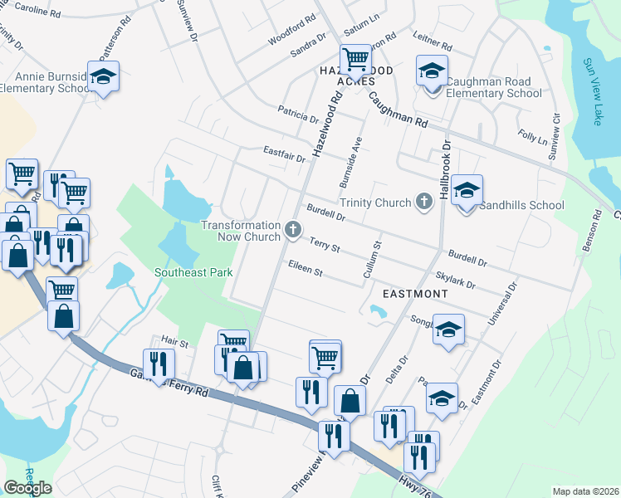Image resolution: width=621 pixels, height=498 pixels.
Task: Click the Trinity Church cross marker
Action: (x=424, y=202)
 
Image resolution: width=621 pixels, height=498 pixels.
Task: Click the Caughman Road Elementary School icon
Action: (x=432, y=72)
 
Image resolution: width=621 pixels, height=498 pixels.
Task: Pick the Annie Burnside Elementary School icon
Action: (x=103, y=77)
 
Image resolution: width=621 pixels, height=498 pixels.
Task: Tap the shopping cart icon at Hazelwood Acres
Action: (x=355, y=59)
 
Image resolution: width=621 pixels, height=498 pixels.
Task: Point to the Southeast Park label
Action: (x=193, y=271)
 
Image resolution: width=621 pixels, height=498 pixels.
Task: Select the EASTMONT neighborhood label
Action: (x=415, y=294)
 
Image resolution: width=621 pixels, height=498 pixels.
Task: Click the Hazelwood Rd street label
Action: (x=327, y=124)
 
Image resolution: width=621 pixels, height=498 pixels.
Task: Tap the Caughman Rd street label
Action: (x=398, y=109)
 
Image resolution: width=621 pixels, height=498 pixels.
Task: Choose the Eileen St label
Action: (x=304, y=268)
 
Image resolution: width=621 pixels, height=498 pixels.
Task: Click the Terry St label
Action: (x=325, y=245)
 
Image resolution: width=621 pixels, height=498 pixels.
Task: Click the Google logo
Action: (x=27, y=488)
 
